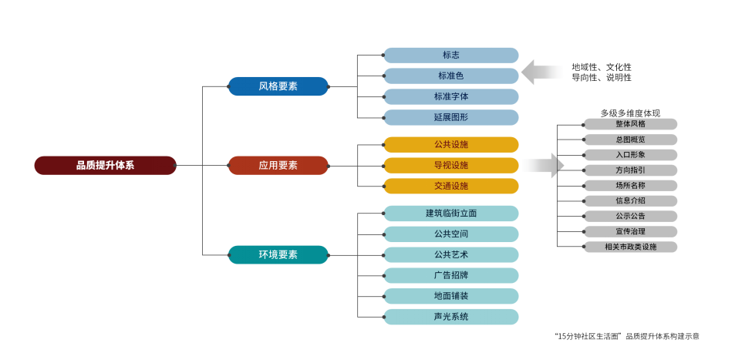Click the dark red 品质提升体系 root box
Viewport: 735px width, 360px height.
click(x=106, y=165)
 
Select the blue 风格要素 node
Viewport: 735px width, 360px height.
click(x=278, y=86)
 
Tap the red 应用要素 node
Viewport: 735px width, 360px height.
click(x=278, y=165)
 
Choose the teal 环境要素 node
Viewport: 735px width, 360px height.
click(x=278, y=254)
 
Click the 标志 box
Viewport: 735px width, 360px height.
click(x=451, y=56)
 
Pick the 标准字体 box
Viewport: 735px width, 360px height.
click(x=451, y=96)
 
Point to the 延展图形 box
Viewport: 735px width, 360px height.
click(x=451, y=117)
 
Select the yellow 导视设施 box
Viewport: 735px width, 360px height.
click(x=451, y=165)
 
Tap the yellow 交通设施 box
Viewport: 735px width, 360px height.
click(x=451, y=186)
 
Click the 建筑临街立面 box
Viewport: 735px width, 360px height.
click(x=451, y=213)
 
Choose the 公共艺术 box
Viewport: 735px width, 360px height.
click(x=451, y=254)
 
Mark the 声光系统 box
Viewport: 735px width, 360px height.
click(x=451, y=317)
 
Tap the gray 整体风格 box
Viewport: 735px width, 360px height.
click(x=630, y=124)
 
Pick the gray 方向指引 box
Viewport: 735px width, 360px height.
click(x=630, y=170)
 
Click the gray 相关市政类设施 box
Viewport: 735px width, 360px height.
click(x=630, y=247)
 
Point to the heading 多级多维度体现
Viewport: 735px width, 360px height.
click(x=630, y=113)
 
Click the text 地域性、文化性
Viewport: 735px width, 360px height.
click(x=602, y=67)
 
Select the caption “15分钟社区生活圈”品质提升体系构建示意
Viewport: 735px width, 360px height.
click(x=627, y=336)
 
